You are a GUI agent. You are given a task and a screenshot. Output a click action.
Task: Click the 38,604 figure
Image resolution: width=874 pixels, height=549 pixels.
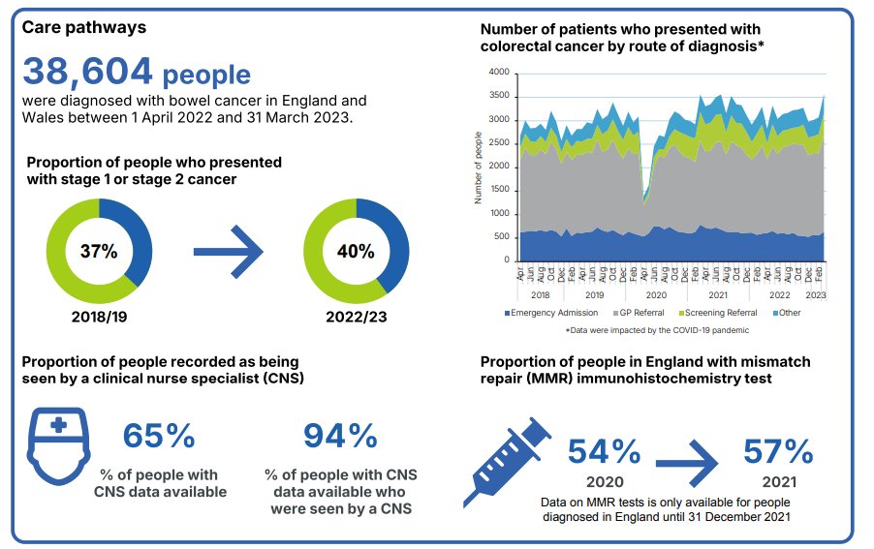(87, 73)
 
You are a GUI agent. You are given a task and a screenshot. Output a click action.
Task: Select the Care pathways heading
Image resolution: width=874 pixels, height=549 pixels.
(84, 27)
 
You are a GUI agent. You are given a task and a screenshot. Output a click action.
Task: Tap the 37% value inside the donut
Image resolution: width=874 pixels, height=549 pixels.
(99, 252)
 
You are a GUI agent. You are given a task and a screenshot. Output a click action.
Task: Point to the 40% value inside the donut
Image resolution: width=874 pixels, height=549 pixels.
(356, 252)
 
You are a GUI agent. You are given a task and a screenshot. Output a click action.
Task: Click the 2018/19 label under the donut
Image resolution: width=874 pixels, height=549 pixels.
(99, 316)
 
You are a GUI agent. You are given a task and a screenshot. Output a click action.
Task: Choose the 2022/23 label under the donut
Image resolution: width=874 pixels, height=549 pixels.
(356, 316)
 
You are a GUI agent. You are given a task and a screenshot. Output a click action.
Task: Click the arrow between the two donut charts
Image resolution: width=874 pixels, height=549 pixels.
(228, 252)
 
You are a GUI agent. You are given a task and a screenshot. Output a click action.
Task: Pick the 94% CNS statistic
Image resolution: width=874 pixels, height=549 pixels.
(340, 436)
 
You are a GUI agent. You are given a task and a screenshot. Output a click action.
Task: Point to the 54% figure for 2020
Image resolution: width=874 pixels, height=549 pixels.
(604, 451)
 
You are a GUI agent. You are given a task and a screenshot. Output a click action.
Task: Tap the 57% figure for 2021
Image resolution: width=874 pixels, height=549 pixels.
(778, 451)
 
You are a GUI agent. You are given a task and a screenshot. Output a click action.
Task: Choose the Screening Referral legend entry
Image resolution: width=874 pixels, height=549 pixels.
(720, 313)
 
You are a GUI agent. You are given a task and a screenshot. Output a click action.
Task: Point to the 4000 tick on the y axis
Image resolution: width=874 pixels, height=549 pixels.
(498, 73)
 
